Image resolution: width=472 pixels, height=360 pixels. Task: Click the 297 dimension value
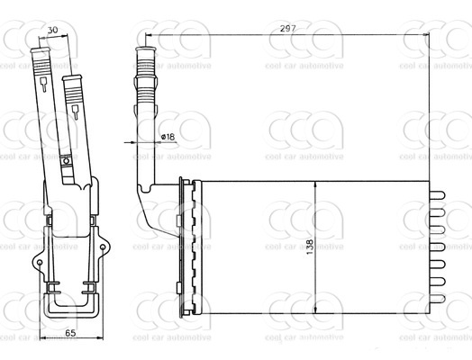288,29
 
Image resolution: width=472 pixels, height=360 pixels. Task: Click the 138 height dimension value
310,247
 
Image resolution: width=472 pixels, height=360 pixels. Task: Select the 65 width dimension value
70,333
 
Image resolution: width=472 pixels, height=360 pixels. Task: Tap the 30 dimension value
52,30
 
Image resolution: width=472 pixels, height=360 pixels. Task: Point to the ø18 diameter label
168,137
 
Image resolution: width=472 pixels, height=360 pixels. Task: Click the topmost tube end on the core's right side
438,195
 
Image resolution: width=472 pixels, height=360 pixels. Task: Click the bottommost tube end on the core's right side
438,299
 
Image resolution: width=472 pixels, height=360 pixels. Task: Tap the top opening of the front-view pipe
146,49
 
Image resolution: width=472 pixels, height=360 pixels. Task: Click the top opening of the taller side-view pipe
41,49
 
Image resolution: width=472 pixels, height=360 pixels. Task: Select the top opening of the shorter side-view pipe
72,78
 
